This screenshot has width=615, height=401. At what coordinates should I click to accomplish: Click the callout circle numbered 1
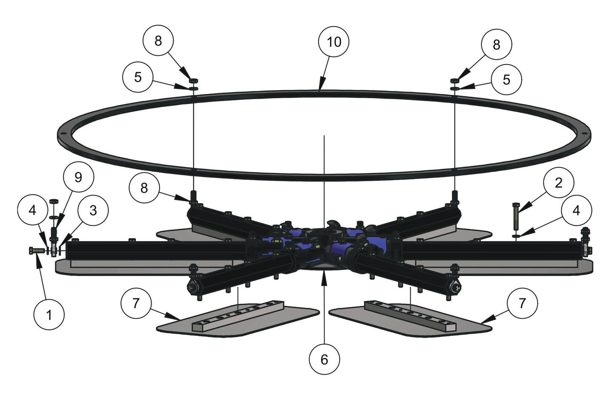[x=49, y=315]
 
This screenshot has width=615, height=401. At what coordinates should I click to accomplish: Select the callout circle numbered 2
[x=558, y=183]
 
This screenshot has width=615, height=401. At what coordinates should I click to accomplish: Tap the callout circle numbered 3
[x=93, y=210]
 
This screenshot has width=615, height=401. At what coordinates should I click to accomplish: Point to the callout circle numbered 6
[x=324, y=359]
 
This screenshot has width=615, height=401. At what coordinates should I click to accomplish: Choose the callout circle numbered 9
[x=78, y=177]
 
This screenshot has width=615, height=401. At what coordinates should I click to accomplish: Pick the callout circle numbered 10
[x=334, y=42]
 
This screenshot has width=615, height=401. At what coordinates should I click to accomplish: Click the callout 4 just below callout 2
[x=576, y=210]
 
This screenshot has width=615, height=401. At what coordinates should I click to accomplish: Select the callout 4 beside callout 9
[x=33, y=210]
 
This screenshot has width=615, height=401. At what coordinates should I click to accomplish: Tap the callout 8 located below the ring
[x=144, y=188]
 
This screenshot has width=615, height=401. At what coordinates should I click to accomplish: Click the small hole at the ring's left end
[x=63, y=133]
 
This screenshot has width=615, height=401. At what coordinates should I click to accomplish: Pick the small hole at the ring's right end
[x=584, y=133]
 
